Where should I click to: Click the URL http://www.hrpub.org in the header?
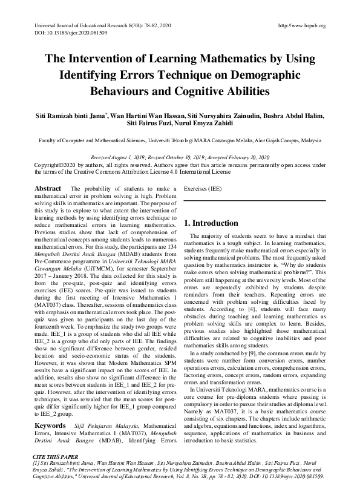(x=301, y=25)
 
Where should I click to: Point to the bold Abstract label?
(x=48, y=188)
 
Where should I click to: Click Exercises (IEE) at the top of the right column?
(x=203, y=188)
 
